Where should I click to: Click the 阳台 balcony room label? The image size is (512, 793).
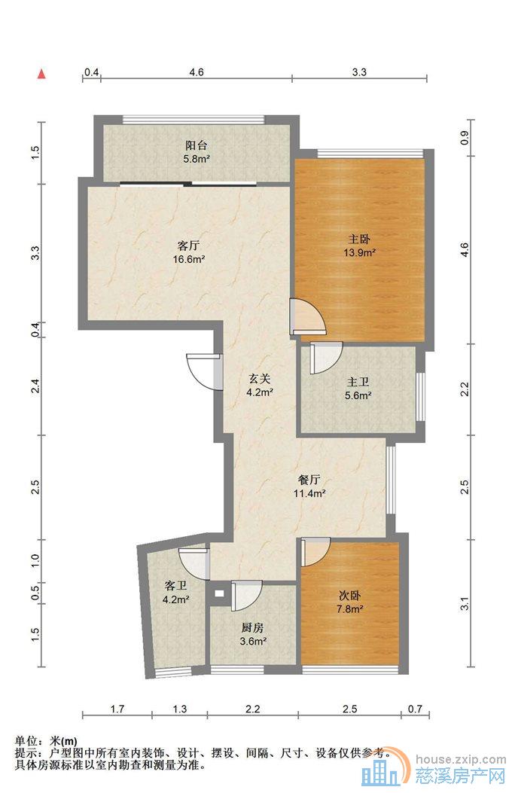click(x=196, y=145)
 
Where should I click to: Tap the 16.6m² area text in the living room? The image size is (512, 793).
click(x=188, y=260)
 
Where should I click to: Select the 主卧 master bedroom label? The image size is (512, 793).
click(x=359, y=239)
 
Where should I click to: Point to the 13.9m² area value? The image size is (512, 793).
click(x=359, y=252)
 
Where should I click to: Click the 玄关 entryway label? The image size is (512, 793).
click(x=261, y=378)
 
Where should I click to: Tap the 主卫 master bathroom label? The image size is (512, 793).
click(x=358, y=382)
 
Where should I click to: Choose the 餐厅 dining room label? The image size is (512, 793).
click(x=309, y=480)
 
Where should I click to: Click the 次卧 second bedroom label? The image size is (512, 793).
click(x=350, y=596)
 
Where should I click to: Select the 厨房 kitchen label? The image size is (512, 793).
click(x=253, y=627)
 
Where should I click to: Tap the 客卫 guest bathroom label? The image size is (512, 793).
click(x=176, y=586)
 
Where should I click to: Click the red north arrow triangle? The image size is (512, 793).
click(x=42, y=75)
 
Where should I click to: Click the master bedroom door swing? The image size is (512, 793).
click(x=307, y=317)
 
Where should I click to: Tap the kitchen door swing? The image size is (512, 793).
click(x=246, y=595)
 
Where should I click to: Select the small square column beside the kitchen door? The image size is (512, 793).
click(x=219, y=594)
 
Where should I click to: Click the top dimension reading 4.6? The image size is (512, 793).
click(x=197, y=72)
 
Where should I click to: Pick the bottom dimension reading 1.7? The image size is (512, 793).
click(x=117, y=709)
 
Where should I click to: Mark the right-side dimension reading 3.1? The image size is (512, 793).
click(x=465, y=604)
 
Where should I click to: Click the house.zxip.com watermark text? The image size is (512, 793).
click(x=461, y=759)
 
